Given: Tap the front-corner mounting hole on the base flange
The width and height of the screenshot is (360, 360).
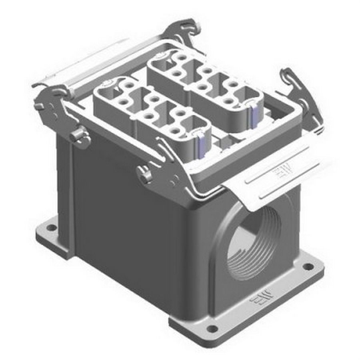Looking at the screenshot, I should pyautogui.click(x=212, y=328).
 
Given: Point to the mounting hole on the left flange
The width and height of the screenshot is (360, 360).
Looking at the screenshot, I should pyautogui.click(x=52, y=228).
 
